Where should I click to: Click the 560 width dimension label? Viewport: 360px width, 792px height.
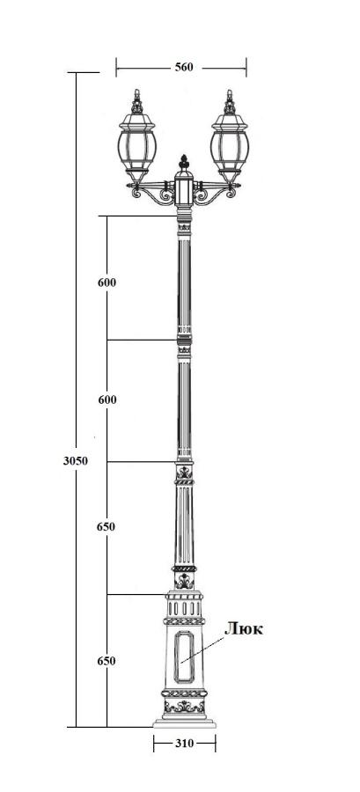(184, 67)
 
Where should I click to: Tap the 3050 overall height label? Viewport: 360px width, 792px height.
(75, 460)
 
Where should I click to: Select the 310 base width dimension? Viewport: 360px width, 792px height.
(185, 744)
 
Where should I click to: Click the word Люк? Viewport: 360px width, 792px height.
(244, 628)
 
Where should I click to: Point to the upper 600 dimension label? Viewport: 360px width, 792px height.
(107, 282)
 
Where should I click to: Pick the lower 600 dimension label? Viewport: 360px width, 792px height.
(107, 400)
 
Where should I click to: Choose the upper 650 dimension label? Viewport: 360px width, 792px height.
(106, 527)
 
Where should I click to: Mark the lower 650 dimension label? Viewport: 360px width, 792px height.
(107, 661)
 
